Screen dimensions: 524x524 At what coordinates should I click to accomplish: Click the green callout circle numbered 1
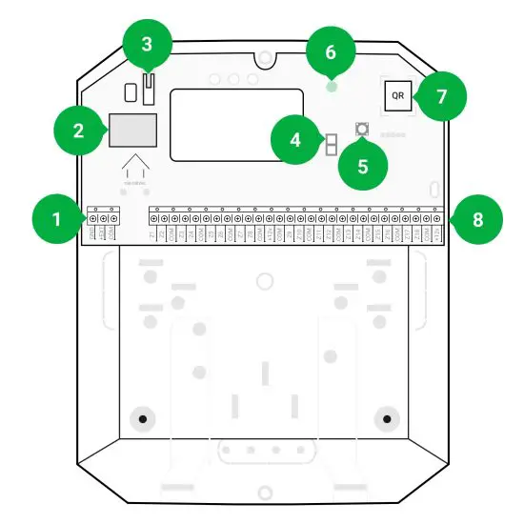coord(55,219)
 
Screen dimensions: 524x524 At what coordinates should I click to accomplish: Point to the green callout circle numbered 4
coord(295,141)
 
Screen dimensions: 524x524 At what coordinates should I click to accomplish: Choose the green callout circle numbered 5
coord(362,163)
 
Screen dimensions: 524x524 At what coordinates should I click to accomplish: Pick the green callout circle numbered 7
coord(439,96)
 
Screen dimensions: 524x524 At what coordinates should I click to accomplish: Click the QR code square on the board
coord(397,97)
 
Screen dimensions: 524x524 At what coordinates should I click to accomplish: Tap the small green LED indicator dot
coord(331,86)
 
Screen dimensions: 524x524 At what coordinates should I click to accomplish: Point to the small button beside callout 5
coord(362,129)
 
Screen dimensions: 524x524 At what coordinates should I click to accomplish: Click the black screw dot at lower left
coord(141,417)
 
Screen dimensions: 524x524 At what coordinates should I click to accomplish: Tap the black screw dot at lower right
coord(387,417)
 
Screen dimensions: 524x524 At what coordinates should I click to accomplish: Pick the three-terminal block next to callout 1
coord(102,221)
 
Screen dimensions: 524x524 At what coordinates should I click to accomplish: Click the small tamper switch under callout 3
coord(148,90)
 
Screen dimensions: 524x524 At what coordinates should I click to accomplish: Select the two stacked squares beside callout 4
coord(331,144)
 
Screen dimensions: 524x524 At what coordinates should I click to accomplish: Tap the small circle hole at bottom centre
coord(263,492)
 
